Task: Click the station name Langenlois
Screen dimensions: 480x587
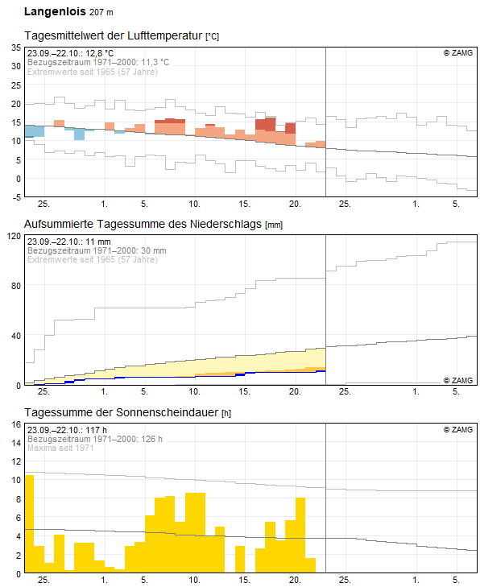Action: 55,11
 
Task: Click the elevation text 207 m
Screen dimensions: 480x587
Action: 101,12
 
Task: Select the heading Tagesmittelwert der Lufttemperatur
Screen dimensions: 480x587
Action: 114,35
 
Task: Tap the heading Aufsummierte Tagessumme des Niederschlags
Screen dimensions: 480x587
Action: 143,224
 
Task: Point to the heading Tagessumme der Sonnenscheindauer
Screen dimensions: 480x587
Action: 122,412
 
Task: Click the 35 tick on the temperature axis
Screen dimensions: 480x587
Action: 16,48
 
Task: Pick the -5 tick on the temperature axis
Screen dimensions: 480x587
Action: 16,197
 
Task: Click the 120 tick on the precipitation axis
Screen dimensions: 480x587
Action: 14,236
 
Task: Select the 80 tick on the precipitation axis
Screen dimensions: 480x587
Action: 16,286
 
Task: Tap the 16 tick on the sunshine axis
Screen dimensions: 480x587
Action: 16,424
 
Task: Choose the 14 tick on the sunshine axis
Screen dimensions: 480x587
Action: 16,443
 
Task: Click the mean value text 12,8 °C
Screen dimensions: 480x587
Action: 100,53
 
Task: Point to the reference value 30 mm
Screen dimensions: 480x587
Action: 154,250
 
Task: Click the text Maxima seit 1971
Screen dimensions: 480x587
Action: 60,448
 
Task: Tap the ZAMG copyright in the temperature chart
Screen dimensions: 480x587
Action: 458,53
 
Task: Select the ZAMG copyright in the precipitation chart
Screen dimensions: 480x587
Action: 458,380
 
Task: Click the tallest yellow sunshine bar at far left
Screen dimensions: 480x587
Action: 29,523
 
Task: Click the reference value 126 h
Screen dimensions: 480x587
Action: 151,439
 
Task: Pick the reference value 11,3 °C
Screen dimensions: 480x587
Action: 155,62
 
